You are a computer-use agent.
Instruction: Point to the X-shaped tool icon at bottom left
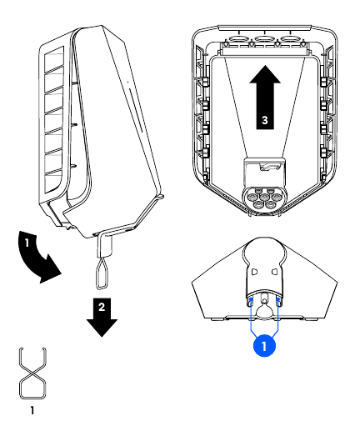pos(31,373)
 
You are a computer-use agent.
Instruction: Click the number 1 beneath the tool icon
pos(31,410)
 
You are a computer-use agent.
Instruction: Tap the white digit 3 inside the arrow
pos(263,120)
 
